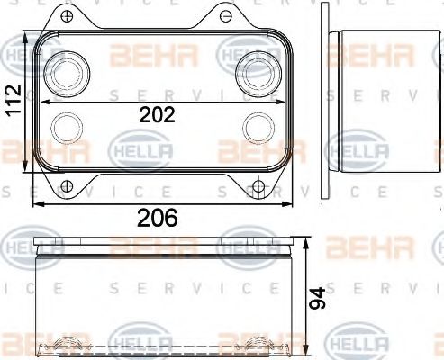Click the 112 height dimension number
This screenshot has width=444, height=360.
point(12,103)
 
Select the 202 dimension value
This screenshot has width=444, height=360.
point(156,114)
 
